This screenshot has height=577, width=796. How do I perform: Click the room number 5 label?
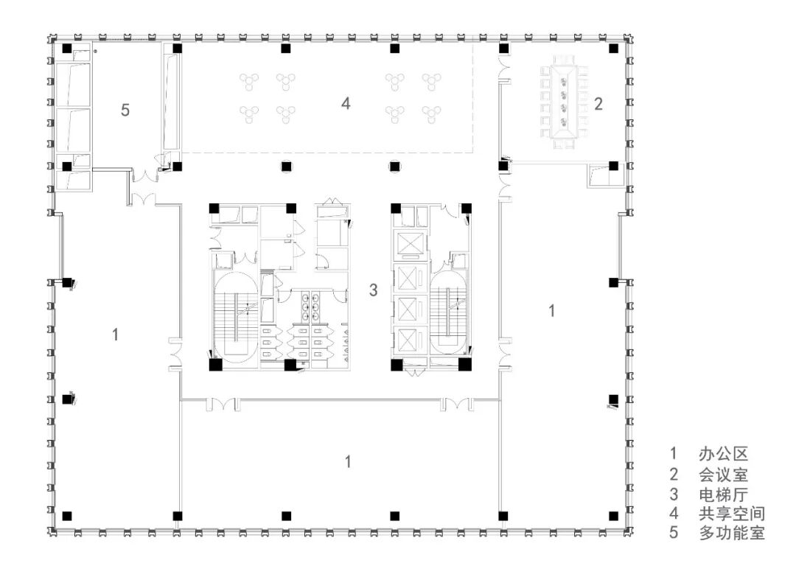click(x=125, y=110)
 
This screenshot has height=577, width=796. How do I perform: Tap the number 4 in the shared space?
click(x=346, y=103)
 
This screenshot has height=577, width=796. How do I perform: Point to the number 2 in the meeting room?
click(x=598, y=103)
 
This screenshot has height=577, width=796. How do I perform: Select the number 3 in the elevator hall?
click(x=373, y=290)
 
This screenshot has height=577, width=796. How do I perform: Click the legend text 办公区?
click(x=723, y=454)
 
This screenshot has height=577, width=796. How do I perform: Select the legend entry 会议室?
click(x=723, y=474)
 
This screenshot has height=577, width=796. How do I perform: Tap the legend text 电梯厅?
click(x=723, y=494)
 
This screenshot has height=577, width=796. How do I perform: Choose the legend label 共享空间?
click(x=732, y=514)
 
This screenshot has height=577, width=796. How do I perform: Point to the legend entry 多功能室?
click(x=732, y=533)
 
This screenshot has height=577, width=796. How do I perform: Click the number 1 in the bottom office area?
click(x=348, y=462)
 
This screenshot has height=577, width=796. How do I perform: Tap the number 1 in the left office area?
click(x=115, y=335)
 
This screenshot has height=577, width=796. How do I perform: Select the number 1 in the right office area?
click(x=552, y=310)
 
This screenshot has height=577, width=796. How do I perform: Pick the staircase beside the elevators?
click(x=448, y=312)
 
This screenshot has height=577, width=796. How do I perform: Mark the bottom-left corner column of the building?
click(x=66, y=517)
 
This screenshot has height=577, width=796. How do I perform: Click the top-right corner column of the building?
click(x=613, y=49)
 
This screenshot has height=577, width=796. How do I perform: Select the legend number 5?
click(x=674, y=533)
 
